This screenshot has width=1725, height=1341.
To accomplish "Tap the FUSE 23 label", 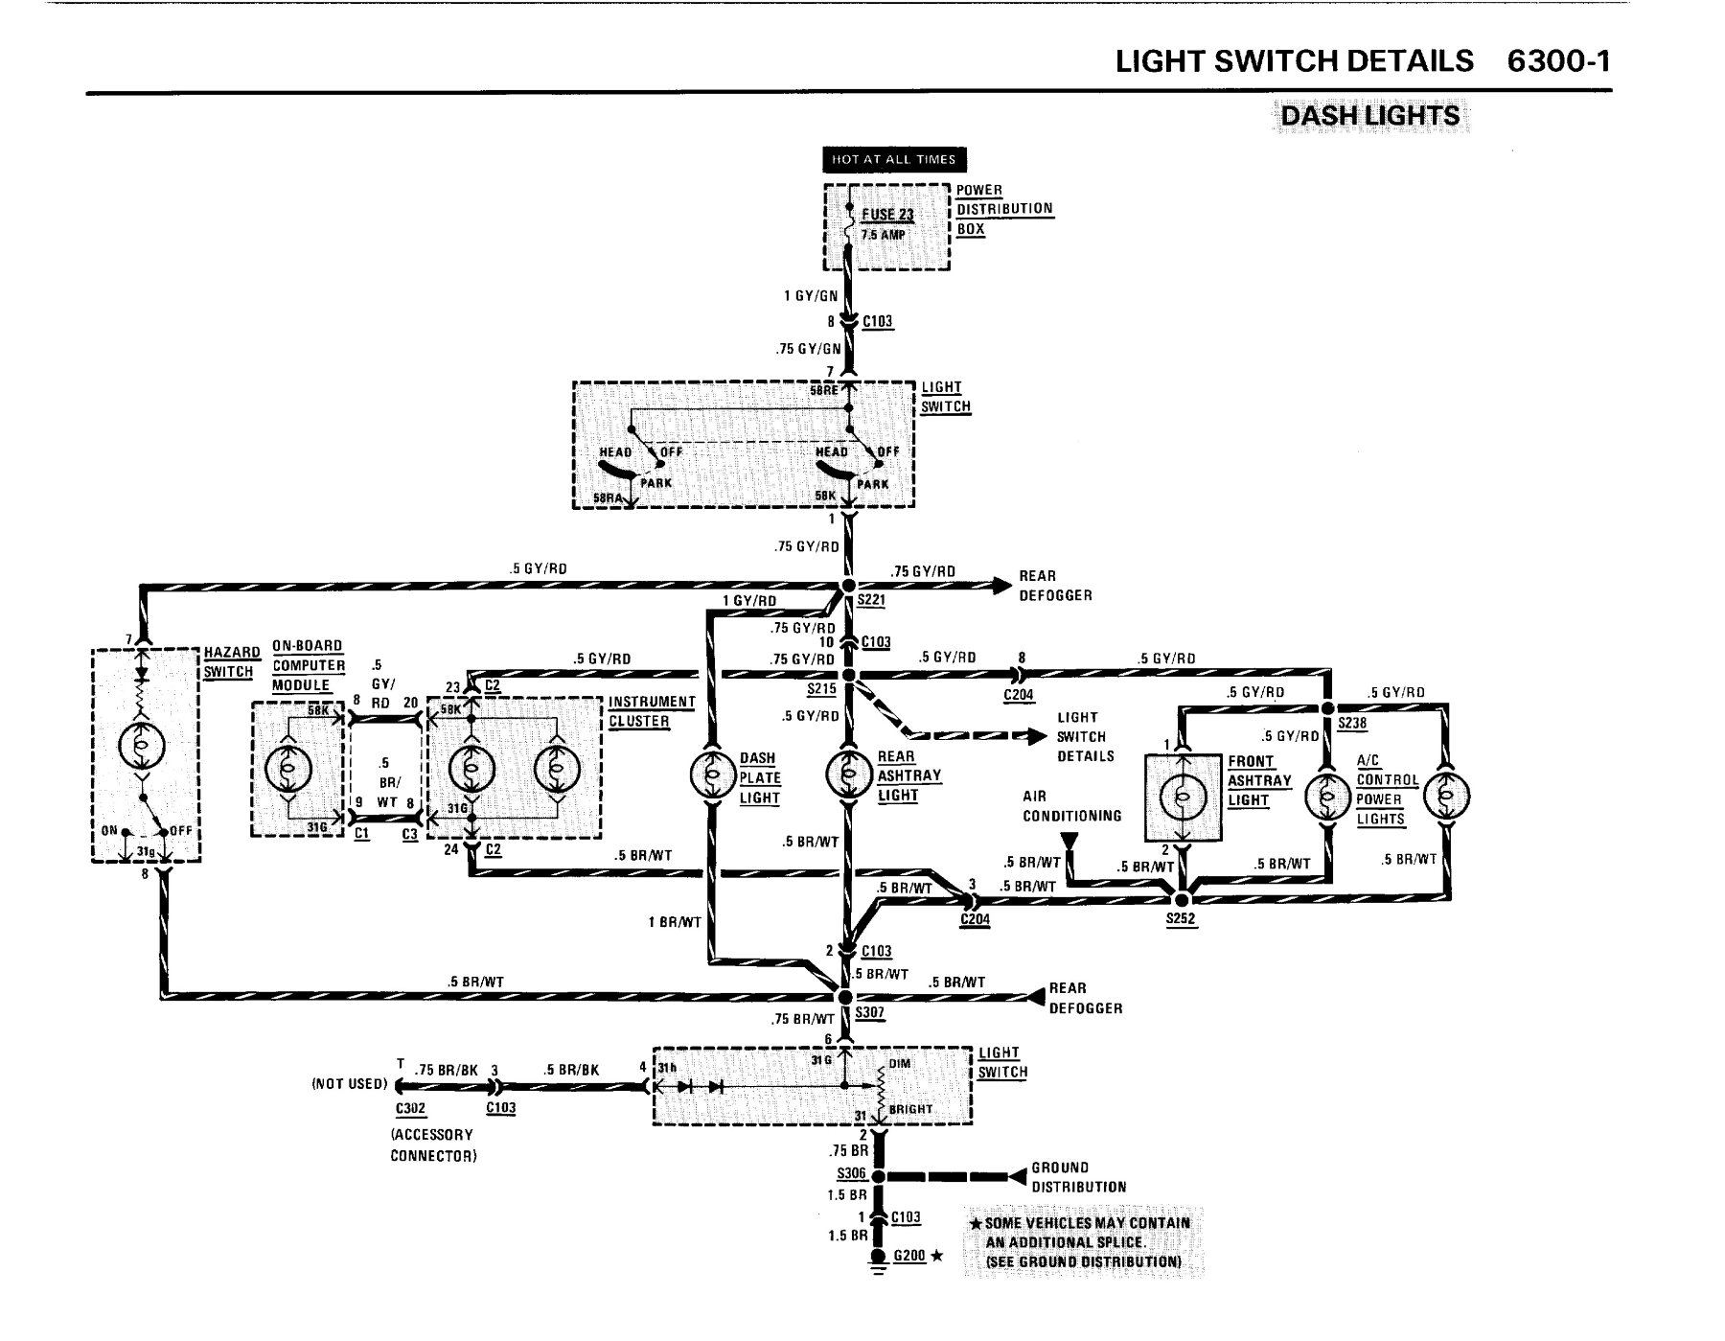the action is [887, 215].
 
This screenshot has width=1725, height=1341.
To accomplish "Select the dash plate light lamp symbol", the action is [710, 774].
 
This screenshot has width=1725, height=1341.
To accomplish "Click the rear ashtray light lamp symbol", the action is [848, 774].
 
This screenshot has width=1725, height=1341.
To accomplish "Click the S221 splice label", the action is [871, 601].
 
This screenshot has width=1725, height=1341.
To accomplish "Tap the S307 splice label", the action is [870, 1012].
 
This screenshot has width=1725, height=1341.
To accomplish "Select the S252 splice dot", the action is [1182, 899].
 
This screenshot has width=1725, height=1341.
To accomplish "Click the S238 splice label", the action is [1352, 724].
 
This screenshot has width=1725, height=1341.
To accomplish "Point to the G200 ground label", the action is [909, 1255].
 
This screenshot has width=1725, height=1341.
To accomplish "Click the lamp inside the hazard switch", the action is [143, 748].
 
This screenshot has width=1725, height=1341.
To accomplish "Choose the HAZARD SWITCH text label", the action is [228, 662].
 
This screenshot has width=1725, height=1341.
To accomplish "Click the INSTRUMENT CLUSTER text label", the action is [652, 711].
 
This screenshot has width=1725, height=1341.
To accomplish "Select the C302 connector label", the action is [410, 1109].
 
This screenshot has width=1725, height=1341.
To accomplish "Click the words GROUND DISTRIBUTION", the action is [1079, 1177].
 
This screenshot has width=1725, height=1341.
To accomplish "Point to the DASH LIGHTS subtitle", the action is [1369, 116].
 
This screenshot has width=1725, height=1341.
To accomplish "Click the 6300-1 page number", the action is [1558, 61].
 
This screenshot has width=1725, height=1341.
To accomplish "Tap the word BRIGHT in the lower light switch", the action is [910, 1109].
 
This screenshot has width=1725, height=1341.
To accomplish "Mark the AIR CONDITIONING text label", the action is [1071, 806].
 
